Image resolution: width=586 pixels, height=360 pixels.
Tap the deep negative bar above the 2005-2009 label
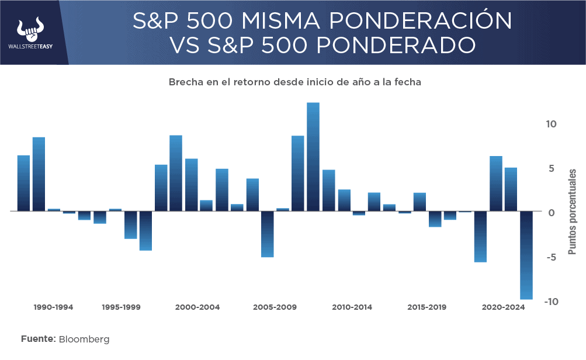pyautogui.click(x=268, y=234)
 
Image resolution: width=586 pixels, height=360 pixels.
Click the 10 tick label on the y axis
pyautogui.click(x=552, y=124)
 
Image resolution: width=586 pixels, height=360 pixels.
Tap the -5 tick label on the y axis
pyautogui.click(x=552, y=257)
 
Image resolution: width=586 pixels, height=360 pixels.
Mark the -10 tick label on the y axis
pyautogui.click(x=550, y=302)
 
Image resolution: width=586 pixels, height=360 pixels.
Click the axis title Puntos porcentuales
pyautogui.click(x=573, y=212)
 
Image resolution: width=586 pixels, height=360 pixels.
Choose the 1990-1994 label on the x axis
pyautogui.click(x=54, y=307)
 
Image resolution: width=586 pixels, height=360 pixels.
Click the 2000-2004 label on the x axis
pyautogui.click(x=197, y=307)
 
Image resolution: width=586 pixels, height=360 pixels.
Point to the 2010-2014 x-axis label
pyautogui.click(x=352, y=307)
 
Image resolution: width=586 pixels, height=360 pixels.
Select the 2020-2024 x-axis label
pyautogui.click(x=504, y=307)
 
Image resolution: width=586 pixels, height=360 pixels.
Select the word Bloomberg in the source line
pyautogui.click(x=84, y=339)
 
